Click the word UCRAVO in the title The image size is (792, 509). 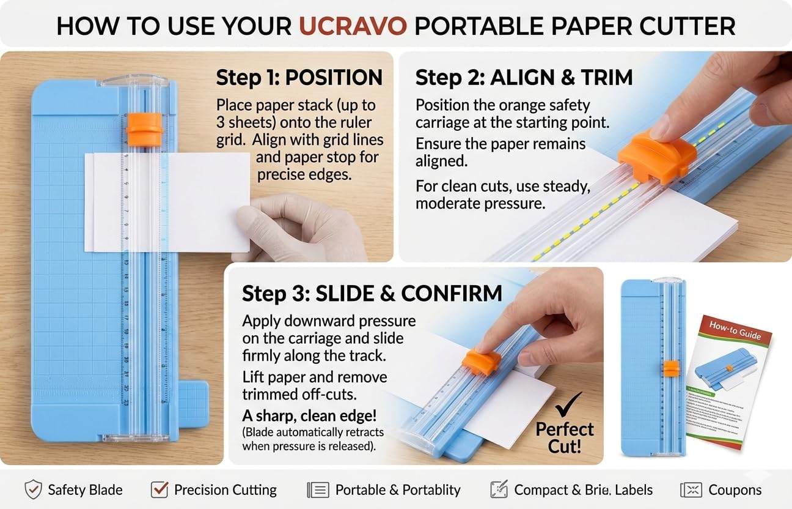click(x=353, y=26)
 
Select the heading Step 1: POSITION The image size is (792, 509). click(x=299, y=78)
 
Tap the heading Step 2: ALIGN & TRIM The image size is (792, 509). click(x=524, y=78)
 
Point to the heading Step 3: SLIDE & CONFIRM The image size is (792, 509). click(x=372, y=293)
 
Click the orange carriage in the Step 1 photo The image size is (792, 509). click(x=145, y=129)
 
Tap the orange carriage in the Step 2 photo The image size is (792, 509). click(x=657, y=156)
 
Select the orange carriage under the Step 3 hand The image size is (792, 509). click(x=481, y=361)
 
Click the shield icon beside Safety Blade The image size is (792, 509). click(x=33, y=490)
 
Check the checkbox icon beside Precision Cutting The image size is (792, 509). click(x=159, y=489)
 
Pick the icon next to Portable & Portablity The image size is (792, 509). click(x=318, y=490)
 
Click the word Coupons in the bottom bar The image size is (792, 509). click(x=735, y=490)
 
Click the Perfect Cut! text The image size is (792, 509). click(x=565, y=437)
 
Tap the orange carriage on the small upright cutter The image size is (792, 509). click(x=671, y=368)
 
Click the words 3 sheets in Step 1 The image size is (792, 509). click(x=244, y=122)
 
